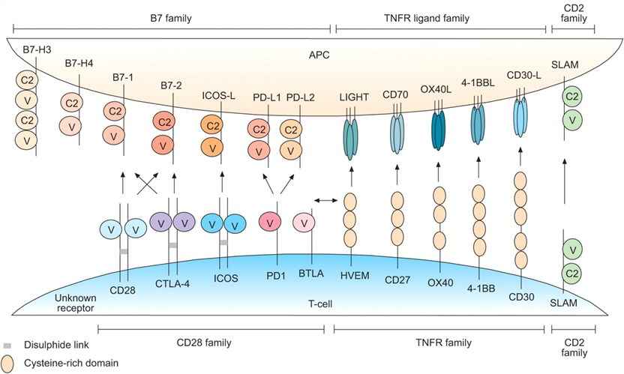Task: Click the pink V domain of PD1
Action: [x=270, y=223]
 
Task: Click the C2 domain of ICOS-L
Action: [x=214, y=125]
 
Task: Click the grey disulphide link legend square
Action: [x=7, y=346]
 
